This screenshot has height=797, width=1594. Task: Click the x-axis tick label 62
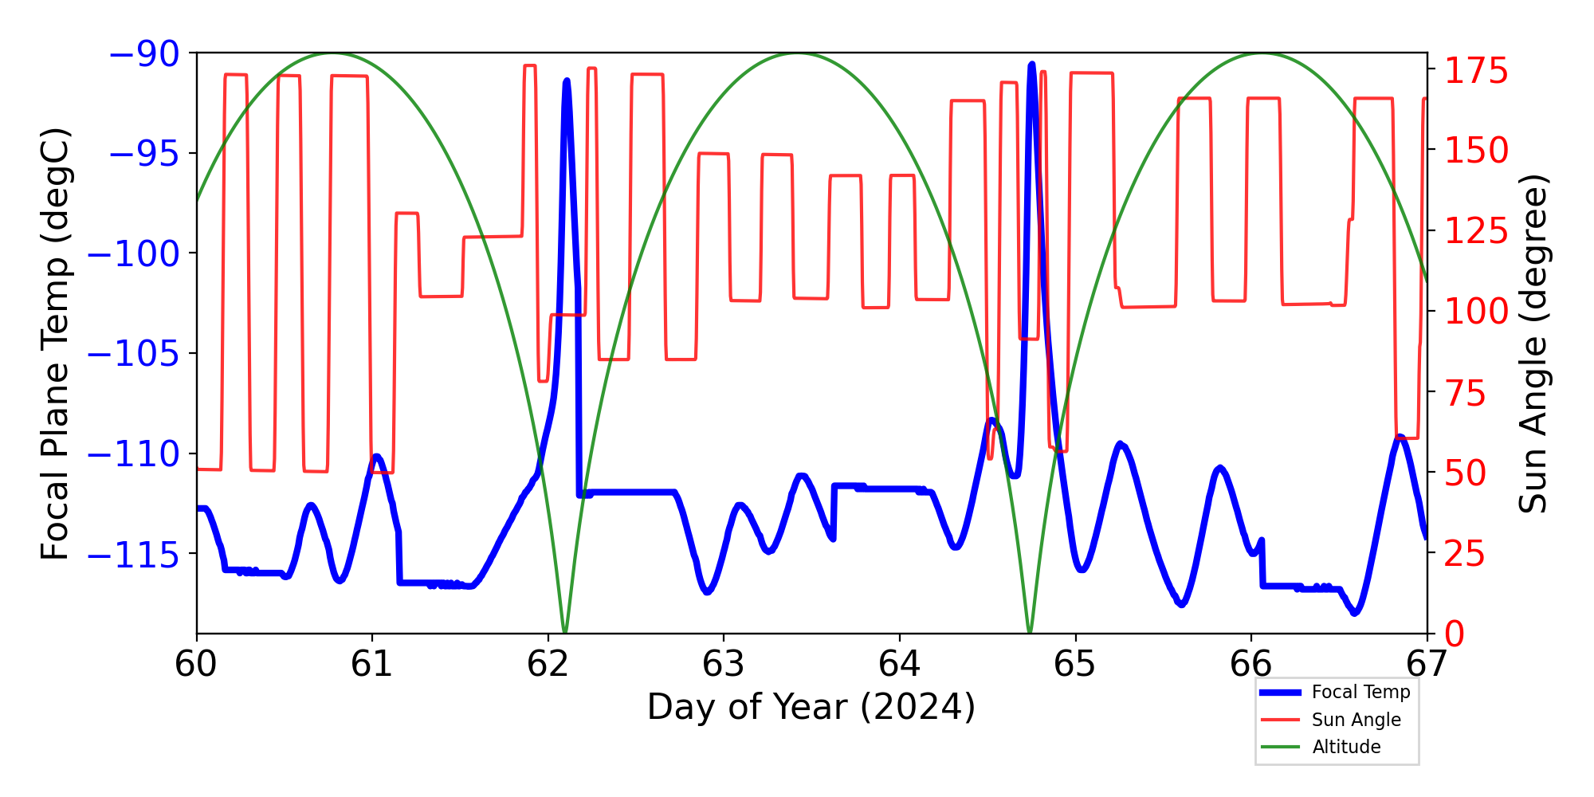548,664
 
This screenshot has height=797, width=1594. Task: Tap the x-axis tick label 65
1075,664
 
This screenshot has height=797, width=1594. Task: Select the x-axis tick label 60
196,664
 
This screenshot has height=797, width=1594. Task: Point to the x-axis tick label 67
1427,664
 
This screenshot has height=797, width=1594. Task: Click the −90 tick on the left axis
143,54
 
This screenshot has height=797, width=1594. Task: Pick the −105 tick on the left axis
133,354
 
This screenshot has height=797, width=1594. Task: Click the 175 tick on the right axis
1477,72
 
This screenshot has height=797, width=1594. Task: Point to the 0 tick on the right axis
1455,634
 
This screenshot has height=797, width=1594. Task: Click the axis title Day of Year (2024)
811,707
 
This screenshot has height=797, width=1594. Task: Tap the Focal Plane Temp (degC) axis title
56,344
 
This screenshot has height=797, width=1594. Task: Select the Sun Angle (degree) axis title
1532,344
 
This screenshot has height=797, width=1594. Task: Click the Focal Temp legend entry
1360,692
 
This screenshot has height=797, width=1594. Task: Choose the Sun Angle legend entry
1356,720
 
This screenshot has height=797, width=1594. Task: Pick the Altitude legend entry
1346,747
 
